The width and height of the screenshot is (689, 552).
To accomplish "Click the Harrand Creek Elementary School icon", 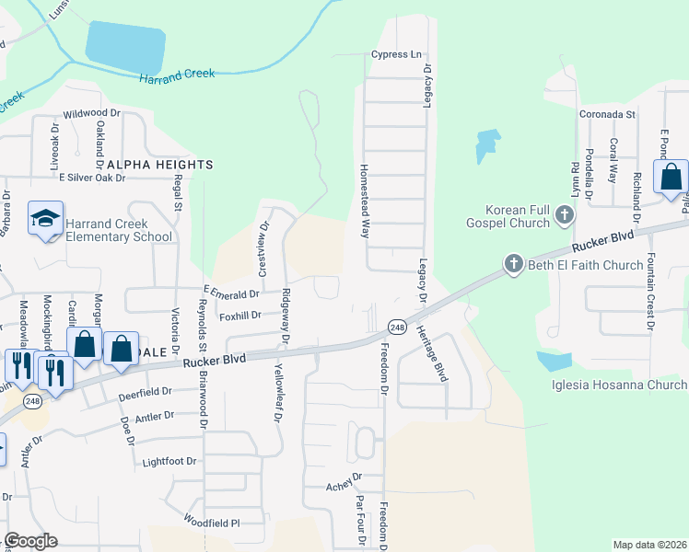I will click(44, 219).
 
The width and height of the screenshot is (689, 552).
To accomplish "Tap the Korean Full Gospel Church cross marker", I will click(565, 216).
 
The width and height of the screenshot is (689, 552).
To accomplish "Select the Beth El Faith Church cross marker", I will click(513, 265).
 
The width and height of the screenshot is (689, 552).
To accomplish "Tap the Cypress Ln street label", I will click(396, 54).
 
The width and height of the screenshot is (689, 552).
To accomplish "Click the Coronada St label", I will click(608, 114).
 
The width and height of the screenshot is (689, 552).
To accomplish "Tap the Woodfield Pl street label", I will click(211, 523).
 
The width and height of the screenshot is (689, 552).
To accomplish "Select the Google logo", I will click(30, 541).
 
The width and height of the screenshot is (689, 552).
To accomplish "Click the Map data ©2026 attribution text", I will click(649, 545).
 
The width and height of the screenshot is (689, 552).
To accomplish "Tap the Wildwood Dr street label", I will click(92, 113).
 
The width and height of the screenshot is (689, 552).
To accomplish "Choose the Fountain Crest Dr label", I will click(650, 292).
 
